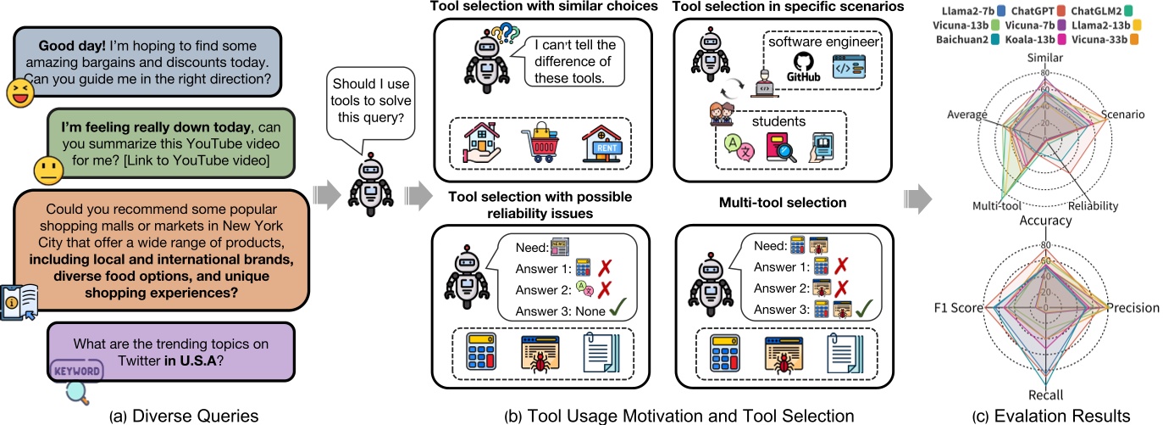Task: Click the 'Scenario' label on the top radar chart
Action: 1123,113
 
